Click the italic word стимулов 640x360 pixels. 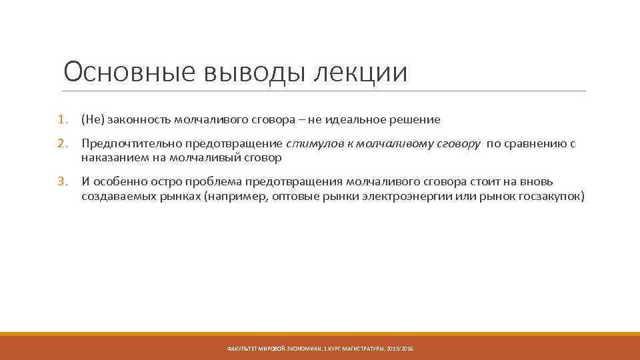tap(310, 144)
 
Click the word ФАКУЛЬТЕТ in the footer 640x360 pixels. tap(243, 349)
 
